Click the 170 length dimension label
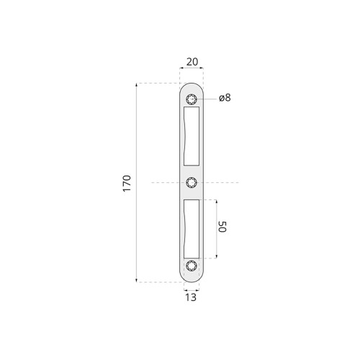click(x=127, y=184)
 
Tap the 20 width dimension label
click(x=192, y=62)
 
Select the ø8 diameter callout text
click(x=225, y=98)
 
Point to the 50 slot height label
click(x=222, y=227)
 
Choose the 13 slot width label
click(x=191, y=297)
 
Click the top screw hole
click(x=192, y=99)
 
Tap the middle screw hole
click(x=192, y=183)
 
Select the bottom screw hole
click(x=192, y=266)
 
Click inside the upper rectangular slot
click(x=192, y=136)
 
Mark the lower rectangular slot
click(x=192, y=229)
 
